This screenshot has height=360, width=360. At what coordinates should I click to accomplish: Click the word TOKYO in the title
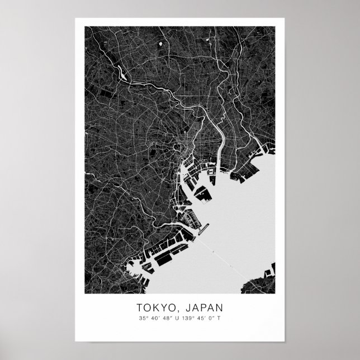click(154, 307)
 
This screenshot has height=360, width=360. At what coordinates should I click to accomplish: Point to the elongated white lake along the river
click(120, 71)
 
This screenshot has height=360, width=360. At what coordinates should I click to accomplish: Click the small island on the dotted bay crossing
click(213, 252)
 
